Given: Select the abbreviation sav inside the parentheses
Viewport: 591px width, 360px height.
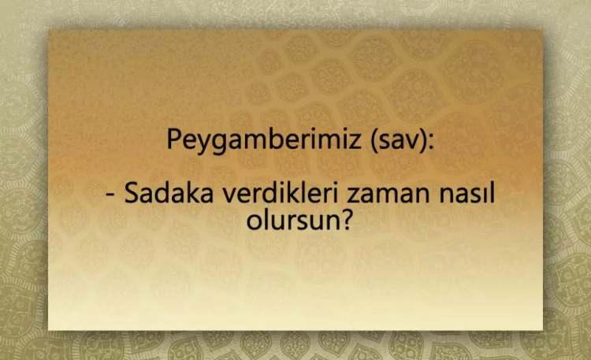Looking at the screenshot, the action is [x=400, y=141].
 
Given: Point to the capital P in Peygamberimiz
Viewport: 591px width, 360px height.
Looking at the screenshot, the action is [x=174, y=139].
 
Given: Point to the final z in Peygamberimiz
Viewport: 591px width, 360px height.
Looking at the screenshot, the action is [x=355, y=142].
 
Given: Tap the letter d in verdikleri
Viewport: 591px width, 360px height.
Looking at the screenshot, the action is [x=263, y=193].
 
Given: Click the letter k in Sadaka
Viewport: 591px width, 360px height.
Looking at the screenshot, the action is [x=192, y=192].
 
